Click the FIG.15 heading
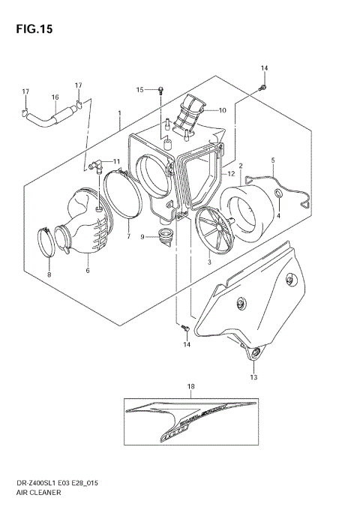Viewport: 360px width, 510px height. (31, 29)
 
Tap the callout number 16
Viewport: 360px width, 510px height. (55, 97)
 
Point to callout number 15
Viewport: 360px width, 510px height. (139, 90)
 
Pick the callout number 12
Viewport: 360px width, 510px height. (232, 174)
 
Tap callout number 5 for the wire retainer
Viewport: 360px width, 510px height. (273, 160)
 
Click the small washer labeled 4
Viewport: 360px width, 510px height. (278, 195)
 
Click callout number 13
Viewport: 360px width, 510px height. (253, 376)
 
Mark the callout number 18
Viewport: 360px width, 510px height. (190, 386)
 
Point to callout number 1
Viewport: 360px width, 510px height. (119, 114)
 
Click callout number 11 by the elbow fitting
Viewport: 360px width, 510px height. (115, 161)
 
